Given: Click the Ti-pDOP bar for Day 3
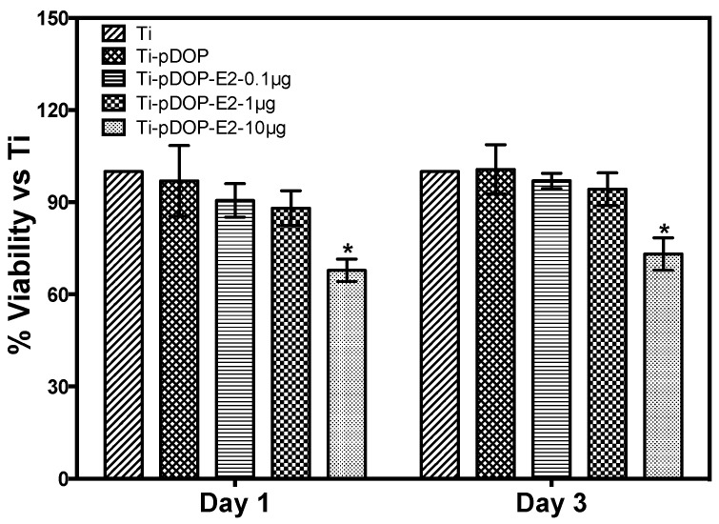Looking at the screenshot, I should pyautogui.click(x=495, y=323).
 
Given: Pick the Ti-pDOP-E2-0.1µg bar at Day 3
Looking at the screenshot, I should pyautogui.click(x=550, y=329).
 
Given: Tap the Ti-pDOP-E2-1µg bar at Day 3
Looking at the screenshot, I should pyautogui.click(x=607, y=333).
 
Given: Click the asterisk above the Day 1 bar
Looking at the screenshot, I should pyautogui.click(x=348, y=250).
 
